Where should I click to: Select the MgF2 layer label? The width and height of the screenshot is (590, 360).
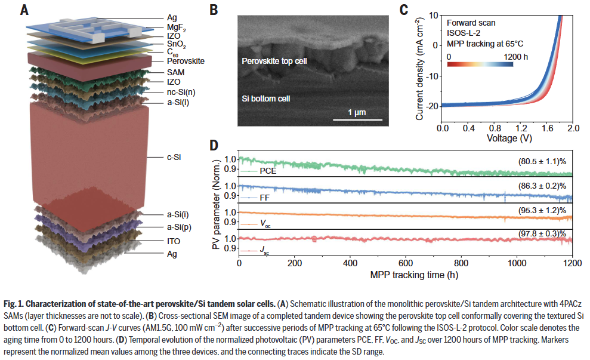click(177, 27)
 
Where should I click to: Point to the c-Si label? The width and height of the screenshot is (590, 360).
click(175, 157)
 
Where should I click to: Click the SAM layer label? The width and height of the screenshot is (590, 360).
click(175, 71)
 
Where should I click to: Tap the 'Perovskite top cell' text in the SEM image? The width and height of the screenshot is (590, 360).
click(274, 61)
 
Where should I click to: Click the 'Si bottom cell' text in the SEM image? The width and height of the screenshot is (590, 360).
click(267, 97)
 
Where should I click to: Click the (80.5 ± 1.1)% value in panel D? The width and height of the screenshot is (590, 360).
click(536, 161)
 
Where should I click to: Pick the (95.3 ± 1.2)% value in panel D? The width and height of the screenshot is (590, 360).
click(536, 212)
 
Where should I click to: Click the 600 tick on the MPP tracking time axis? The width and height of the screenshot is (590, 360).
click(406, 264)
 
